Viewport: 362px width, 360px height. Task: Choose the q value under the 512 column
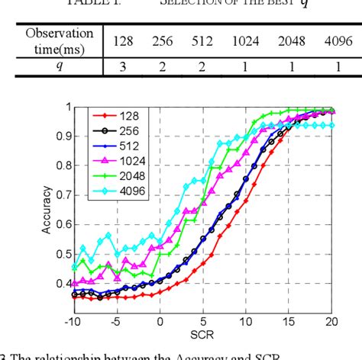click(x=203, y=66)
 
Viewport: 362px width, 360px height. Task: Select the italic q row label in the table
click(x=60, y=66)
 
